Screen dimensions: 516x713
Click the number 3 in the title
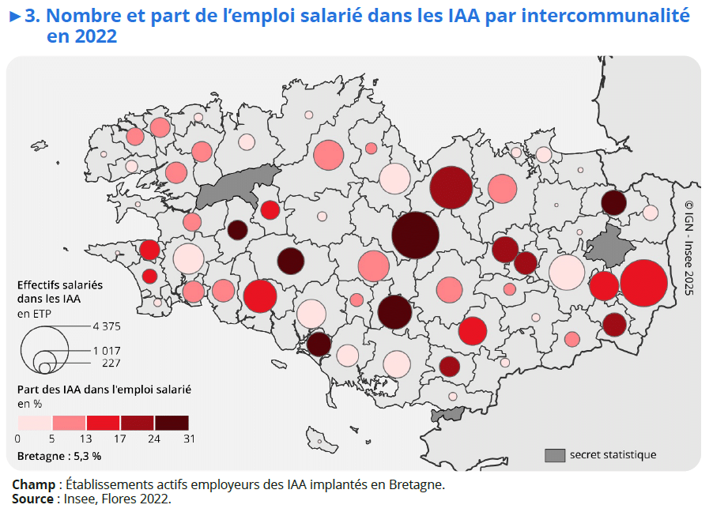coord(31,16)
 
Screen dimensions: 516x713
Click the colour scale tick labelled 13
coord(87,439)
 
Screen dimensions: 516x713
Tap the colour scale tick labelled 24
coord(155,439)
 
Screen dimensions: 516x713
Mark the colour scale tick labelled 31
coord(189,439)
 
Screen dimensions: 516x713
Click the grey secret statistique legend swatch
coord(556,454)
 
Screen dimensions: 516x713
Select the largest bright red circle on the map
coord(643,283)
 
